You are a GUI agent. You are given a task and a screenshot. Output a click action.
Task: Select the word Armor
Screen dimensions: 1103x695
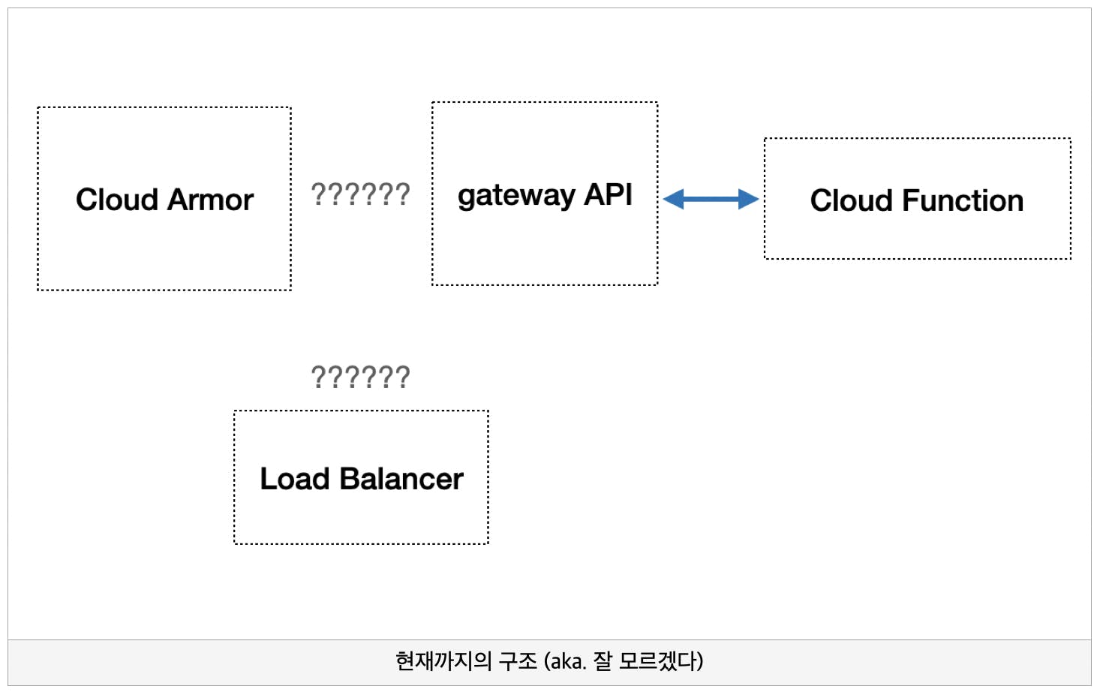click(210, 200)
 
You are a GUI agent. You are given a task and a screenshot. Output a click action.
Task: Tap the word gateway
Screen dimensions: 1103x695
click(516, 196)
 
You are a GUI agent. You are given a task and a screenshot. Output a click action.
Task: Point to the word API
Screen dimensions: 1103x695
click(608, 194)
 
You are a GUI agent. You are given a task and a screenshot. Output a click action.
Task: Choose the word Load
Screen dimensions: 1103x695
click(294, 478)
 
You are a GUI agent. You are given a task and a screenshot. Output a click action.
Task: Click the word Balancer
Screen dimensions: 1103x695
click(401, 478)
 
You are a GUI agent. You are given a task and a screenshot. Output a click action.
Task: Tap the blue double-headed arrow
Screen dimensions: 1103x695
click(711, 199)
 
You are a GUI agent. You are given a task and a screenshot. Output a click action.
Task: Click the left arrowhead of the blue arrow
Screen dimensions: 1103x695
click(672, 199)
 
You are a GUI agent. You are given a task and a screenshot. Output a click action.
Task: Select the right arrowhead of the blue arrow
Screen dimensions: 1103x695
click(749, 199)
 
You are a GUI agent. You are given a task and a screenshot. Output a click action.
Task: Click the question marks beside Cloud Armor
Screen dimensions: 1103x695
click(360, 194)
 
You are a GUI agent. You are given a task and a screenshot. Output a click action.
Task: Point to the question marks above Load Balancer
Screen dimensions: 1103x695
click(360, 377)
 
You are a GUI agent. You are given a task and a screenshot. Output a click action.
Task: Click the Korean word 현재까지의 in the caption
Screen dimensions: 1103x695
click(443, 661)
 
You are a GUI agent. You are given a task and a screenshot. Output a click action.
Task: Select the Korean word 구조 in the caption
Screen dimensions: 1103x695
click(518, 661)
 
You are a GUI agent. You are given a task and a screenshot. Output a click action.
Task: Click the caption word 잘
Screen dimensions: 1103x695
click(603, 661)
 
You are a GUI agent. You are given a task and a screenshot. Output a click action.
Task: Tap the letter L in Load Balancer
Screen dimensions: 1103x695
click(269, 478)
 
